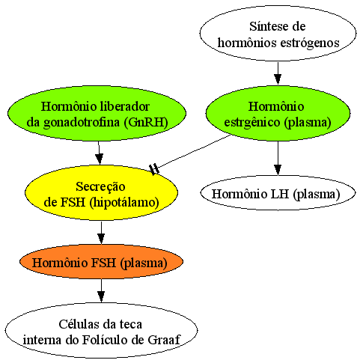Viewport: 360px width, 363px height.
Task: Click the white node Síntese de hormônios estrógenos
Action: point(278,34)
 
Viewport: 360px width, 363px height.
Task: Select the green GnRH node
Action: point(97,114)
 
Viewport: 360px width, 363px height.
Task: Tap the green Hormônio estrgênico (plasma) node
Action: point(278,114)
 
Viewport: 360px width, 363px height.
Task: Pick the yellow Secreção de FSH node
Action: point(101,192)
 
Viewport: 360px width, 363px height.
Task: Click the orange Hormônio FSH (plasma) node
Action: point(101,262)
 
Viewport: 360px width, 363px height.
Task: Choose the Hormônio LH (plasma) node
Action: point(278,192)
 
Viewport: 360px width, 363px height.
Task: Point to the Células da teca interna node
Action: point(101,330)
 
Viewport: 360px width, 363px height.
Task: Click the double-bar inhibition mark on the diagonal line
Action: point(154,169)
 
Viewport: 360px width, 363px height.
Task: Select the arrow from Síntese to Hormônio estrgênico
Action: point(278,73)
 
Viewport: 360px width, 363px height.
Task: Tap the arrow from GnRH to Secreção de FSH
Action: point(99,153)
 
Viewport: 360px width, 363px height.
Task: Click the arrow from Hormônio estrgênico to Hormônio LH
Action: point(278,159)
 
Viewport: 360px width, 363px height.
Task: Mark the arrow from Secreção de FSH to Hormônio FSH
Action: point(101,233)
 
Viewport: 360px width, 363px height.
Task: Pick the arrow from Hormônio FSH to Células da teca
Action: point(101,290)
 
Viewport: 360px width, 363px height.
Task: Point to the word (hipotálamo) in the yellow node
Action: point(124,202)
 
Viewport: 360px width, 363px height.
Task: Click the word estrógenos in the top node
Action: point(309,43)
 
